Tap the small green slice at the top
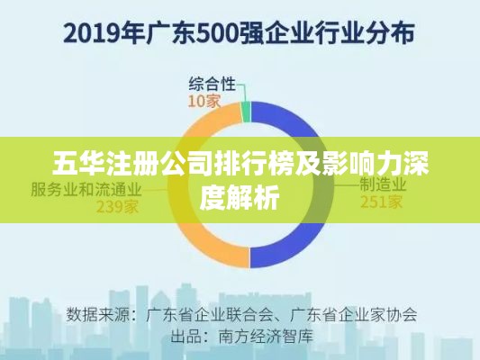click(x=246, y=112)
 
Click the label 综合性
click(x=212, y=84)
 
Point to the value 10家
click(x=204, y=101)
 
